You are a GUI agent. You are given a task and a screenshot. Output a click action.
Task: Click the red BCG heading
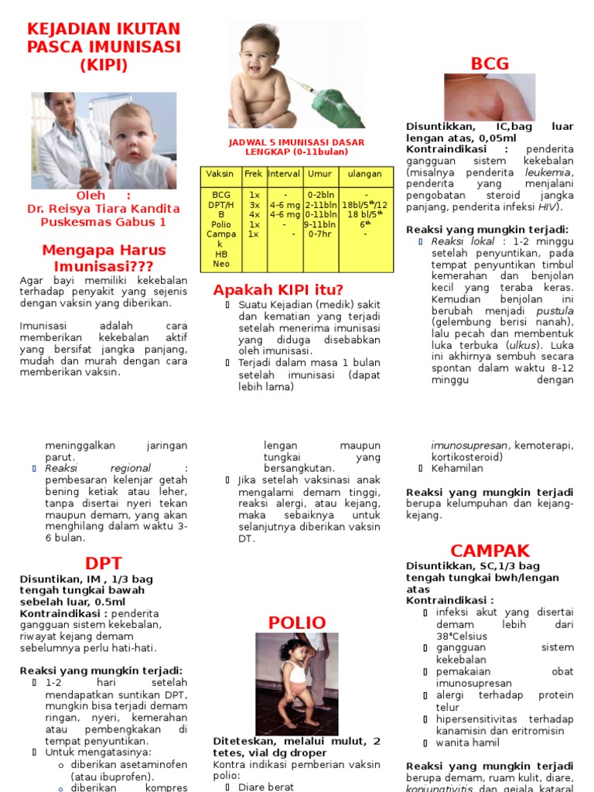(x=490, y=63)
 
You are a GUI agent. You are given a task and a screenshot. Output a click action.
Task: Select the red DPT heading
(x=104, y=563)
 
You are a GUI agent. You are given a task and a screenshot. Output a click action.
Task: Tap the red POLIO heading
(x=297, y=623)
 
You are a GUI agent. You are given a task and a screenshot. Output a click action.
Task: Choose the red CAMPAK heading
(x=490, y=551)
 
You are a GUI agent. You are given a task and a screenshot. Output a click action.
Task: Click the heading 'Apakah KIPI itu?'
(x=278, y=290)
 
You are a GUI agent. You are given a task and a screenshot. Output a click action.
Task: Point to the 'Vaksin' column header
(x=220, y=174)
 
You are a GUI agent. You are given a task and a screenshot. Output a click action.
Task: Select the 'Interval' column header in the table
(x=284, y=174)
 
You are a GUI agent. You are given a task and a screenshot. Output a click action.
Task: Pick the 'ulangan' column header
(x=365, y=174)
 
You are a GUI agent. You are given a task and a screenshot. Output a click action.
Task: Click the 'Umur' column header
(x=319, y=174)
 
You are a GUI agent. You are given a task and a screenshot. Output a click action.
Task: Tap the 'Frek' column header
(x=254, y=174)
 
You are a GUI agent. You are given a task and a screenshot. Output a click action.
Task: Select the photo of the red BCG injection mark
(x=489, y=97)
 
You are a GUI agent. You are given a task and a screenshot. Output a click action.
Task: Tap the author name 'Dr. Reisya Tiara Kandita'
(x=103, y=209)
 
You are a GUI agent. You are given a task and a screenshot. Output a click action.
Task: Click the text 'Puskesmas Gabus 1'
(x=103, y=222)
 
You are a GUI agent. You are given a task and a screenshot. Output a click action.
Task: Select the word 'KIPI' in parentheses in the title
(x=103, y=65)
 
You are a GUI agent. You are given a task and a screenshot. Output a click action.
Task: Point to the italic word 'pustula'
(x=555, y=309)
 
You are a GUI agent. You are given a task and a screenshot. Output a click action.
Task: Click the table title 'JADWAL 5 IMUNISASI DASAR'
(x=296, y=142)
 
